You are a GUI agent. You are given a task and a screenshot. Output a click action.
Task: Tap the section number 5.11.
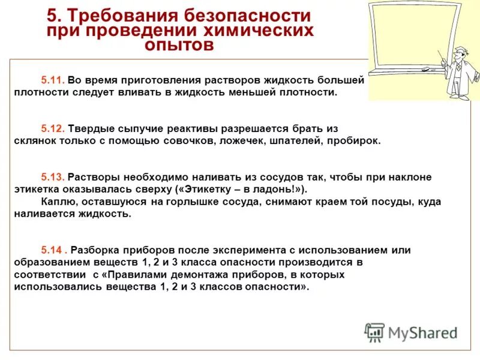click(53, 80)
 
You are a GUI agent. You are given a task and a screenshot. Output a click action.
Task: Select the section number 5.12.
click(53, 128)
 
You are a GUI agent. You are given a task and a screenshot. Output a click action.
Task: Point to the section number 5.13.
click(53, 177)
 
